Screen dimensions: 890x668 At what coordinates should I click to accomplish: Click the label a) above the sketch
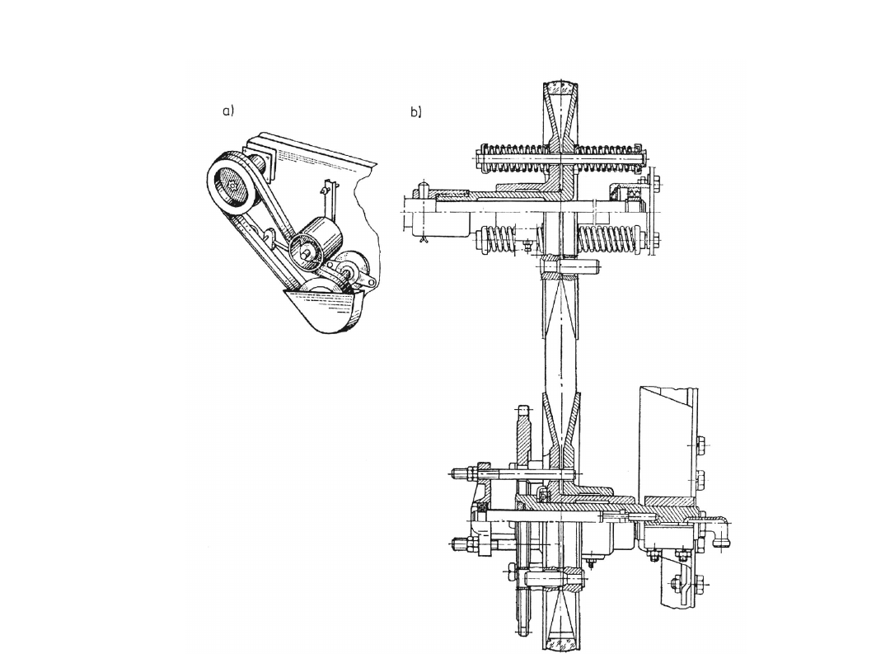coord(227,111)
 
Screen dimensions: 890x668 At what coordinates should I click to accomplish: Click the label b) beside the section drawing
coord(416,112)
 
